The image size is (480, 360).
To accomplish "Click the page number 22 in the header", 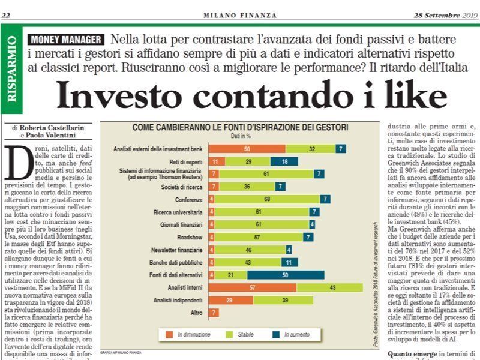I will coord(7,14).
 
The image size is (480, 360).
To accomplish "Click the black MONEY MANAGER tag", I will coord(65,39).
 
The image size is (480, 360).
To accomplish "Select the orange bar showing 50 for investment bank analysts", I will coord(247,148).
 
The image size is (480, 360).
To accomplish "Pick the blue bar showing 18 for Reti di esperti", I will coord(284,162).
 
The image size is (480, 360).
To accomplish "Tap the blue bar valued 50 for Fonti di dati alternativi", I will coord(286,275).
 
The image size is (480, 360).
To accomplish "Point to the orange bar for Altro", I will coord(214,313).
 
